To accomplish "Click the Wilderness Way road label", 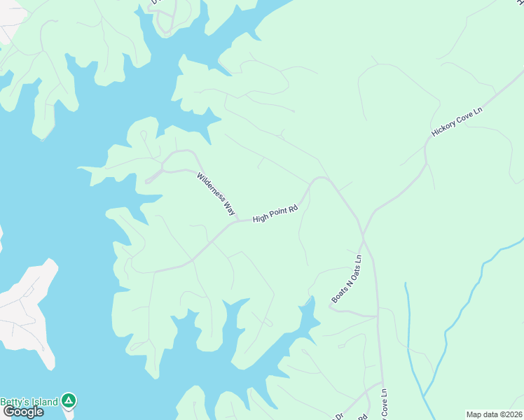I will pos(216,194).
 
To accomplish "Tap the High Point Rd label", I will pos(275,213).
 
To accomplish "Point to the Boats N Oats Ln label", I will pos(347,279).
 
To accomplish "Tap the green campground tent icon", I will pos(69,400).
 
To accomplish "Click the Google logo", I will pos(23,412).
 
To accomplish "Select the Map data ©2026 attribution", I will pos(494,414).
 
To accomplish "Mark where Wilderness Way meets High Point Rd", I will pos(237,221).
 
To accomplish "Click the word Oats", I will pos(352,272).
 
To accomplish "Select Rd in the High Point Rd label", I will pos(294,208).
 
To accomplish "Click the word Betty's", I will pos(13,401).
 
